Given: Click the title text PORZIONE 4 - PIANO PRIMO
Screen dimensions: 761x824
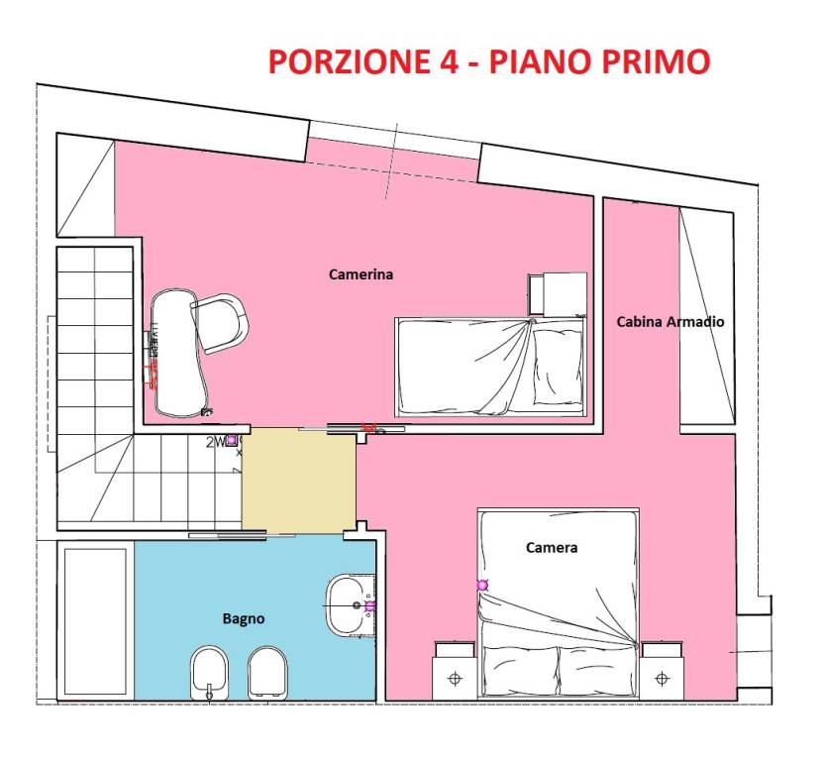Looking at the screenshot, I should (488, 61).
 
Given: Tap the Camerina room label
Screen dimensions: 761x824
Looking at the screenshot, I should (360, 274).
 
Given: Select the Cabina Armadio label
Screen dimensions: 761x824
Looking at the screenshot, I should (669, 321).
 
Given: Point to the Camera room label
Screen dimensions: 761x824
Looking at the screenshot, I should (552, 547).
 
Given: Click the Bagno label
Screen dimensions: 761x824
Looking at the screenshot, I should (243, 618).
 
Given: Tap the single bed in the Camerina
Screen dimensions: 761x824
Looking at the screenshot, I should (491, 366).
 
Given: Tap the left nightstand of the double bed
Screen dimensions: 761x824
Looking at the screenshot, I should (456, 670).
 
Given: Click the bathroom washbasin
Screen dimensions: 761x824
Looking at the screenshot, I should (348, 603).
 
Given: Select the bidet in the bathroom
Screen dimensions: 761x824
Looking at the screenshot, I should (208, 673).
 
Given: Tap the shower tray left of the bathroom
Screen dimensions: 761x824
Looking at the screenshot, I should (95, 622).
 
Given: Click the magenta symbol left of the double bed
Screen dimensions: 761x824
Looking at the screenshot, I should (482, 586).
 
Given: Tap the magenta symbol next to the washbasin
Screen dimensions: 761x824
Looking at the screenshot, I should (369, 605).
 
